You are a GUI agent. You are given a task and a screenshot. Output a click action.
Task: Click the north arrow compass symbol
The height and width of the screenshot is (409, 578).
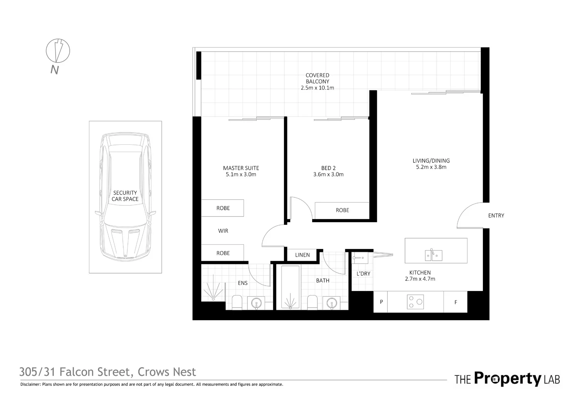click(58, 51)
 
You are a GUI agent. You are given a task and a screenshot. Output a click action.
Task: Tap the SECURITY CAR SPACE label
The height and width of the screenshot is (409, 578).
click(125, 196)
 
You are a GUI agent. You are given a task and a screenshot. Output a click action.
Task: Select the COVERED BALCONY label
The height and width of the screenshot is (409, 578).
click(317, 78)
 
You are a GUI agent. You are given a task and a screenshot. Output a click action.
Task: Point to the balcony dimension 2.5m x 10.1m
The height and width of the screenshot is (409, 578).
click(317, 88)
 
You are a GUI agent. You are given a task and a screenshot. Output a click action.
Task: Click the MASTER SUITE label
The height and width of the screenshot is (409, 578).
click(241, 168)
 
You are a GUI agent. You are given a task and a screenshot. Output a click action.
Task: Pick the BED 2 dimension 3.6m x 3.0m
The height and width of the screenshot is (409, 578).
click(328, 174)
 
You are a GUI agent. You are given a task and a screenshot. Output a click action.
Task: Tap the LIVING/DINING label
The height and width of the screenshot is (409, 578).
click(431, 161)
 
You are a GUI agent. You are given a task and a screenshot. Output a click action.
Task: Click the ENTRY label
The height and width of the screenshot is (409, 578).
click(496, 216)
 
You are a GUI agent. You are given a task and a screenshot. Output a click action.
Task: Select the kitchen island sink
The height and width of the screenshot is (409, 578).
click(434, 255)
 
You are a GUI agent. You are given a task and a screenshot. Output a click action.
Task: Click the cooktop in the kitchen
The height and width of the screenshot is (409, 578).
click(415, 302)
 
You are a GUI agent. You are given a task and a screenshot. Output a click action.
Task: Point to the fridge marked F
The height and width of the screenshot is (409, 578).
click(455, 303)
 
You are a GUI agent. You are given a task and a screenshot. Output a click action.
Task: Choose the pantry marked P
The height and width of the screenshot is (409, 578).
click(381, 302)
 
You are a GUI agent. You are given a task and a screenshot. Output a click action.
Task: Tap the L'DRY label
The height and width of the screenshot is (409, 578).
click(363, 274)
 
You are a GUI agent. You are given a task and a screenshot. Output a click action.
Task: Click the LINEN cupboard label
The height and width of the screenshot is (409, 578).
click(302, 255)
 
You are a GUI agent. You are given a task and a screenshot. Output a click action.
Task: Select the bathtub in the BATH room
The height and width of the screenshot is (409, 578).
click(290, 287)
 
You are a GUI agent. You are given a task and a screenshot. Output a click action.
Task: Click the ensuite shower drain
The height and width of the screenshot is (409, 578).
click(213, 298)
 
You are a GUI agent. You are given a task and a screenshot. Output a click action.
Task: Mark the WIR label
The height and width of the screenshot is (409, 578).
click(223, 231)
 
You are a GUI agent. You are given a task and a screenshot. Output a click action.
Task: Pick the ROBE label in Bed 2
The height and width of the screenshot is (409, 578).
click(342, 210)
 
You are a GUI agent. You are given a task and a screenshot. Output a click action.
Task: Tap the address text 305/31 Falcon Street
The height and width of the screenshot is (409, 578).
click(75, 372)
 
